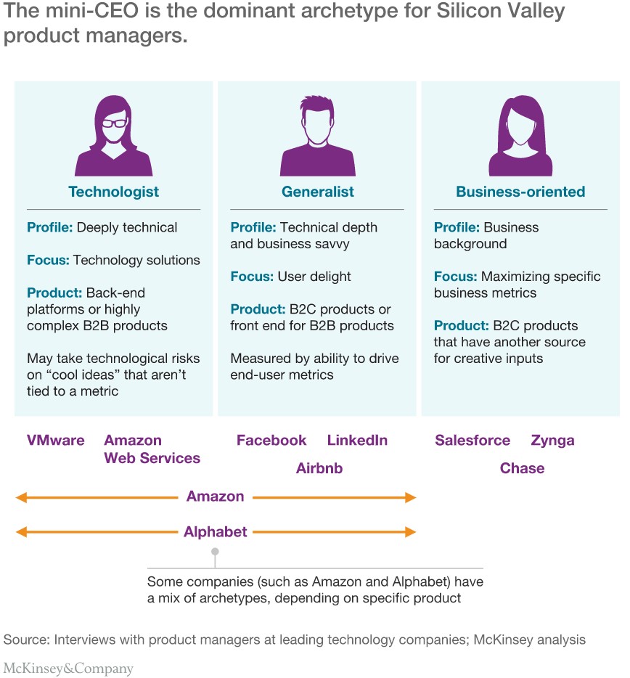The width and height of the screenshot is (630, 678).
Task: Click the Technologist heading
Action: (114, 192)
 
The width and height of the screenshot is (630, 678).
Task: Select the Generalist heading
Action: (318, 192)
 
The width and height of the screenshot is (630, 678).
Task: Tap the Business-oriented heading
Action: (520, 192)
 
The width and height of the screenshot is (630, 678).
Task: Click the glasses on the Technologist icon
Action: (114, 123)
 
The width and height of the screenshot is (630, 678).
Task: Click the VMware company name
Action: (56, 440)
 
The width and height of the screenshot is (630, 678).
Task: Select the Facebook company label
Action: (271, 440)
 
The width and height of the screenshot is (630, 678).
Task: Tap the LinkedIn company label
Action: (357, 440)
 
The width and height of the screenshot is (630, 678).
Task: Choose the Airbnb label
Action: (319, 468)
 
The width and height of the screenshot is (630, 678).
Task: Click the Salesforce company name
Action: (472, 440)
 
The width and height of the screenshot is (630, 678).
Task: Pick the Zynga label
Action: (552, 441)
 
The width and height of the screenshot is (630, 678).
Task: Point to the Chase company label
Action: (523, 468)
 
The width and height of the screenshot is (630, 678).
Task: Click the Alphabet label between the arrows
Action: (216, 531)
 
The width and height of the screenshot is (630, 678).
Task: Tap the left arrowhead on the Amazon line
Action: (21, 497)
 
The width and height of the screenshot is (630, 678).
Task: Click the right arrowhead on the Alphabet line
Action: (410, 532)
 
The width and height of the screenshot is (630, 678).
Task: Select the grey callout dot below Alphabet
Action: (215, 552)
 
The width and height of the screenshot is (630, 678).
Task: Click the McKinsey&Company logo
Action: (68, 669)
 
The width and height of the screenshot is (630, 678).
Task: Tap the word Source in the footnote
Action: (26, 640)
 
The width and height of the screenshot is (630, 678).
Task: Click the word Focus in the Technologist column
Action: (48, 260)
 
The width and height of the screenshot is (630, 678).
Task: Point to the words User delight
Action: (314, 277)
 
